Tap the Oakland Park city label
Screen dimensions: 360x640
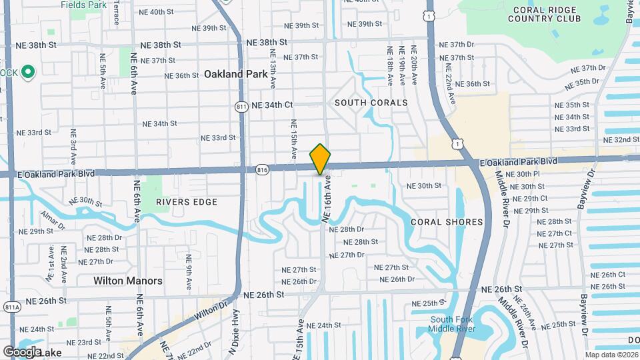point(236,74)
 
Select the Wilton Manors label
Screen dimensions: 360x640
point(128,281)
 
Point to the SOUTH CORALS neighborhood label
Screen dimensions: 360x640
point(371,103)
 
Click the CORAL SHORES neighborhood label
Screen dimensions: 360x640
point(447,222)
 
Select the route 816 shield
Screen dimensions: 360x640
point(262,171)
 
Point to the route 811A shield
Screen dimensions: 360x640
point(11,307)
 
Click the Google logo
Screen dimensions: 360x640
point(22,351)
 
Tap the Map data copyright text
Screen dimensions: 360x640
point(611,355)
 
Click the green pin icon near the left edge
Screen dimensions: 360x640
point(28,72)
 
